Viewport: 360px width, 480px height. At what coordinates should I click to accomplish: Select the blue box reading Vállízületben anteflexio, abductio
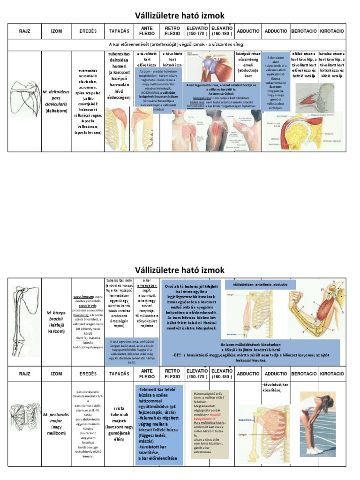point(261,285)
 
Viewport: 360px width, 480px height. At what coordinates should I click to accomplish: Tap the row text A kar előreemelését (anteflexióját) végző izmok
point(180,45)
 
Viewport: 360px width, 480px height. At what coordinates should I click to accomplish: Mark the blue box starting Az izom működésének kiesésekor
point(260,354)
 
